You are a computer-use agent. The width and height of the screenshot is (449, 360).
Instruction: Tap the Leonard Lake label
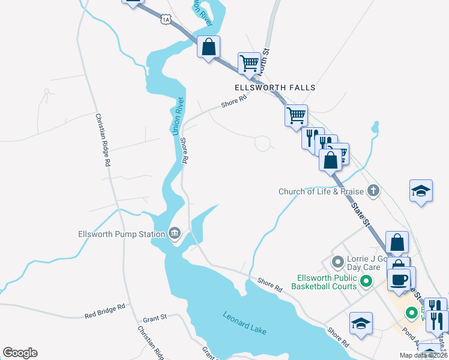[244, 323]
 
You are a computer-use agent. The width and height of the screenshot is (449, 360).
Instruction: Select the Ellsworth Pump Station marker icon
[175, 233]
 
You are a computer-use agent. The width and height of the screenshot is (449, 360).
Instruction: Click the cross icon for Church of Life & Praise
[373, 191]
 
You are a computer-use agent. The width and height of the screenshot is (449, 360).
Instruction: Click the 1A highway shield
[166, 20]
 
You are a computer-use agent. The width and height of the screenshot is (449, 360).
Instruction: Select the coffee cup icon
[399, 279]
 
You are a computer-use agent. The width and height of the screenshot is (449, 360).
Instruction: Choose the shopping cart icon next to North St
[249, 62]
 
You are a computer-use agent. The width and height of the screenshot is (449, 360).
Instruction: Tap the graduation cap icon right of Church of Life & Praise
[421, 191]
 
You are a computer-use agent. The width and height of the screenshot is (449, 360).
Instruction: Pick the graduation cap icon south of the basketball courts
[361, 323]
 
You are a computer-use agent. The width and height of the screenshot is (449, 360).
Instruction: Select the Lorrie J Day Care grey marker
[337, 262]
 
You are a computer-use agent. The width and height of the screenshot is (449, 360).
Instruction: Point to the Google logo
[20, 353]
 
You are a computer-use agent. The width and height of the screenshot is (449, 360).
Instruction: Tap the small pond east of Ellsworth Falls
[375, 127]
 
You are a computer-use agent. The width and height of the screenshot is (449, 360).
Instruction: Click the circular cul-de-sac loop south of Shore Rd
[263, 143]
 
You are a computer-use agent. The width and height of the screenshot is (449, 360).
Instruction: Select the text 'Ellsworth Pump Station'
[122, 234]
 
